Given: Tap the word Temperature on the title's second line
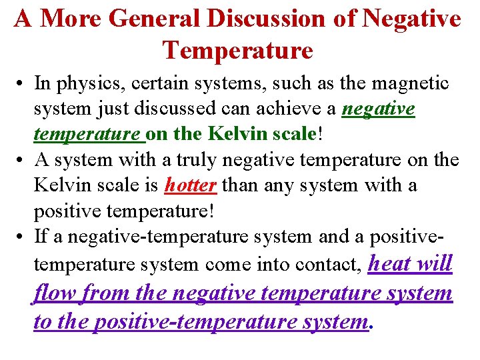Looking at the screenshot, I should [x=237, y=50].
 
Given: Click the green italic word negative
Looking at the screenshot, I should [x=378, y=108].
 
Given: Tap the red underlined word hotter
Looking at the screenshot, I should [x=190, y=185].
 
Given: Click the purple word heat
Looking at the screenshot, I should [x=392, y=263].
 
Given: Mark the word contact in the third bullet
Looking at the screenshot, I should [x=327, y=265].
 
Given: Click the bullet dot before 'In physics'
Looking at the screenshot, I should [x=23, y=85].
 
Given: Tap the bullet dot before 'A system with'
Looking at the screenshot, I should [x=23, y=161].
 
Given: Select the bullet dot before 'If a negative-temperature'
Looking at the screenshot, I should [x=23, y=237].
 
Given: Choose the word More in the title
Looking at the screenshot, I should [x=70, y=19].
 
